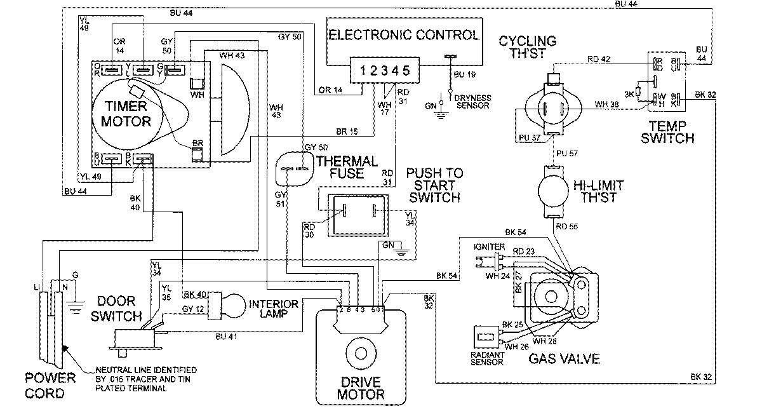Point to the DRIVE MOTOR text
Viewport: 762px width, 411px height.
pos(361,388)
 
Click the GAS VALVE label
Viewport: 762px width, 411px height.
pos(564,360)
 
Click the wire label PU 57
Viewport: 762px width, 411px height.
pos(565,154)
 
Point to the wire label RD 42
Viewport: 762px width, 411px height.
pos(598,60)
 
